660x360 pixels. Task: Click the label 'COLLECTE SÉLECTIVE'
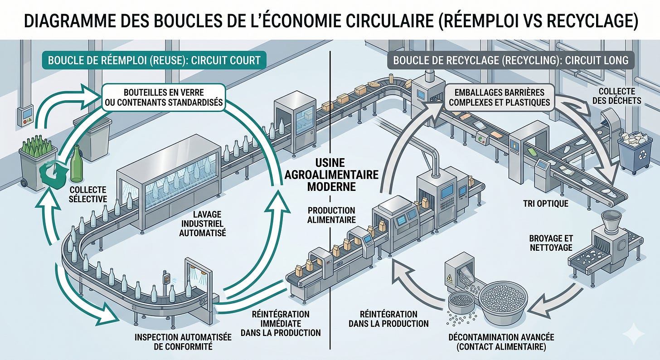88,194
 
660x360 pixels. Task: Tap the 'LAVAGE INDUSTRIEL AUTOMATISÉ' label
203,224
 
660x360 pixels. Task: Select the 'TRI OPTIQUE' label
546,203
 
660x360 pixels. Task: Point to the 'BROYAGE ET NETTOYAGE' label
551,243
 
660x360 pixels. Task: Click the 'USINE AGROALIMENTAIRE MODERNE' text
331,175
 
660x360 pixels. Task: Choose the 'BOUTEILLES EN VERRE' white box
164,97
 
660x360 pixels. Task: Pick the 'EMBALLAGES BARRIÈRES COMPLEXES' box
500,97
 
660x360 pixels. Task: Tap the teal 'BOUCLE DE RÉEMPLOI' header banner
154,60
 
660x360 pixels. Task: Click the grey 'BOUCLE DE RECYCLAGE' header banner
510,60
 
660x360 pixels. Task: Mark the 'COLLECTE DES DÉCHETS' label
616,96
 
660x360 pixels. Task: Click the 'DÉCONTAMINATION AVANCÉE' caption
501,342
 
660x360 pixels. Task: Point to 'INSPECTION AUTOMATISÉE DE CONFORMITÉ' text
183,341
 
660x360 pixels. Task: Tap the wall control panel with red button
25,117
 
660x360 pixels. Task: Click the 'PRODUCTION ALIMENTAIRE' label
331,215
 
